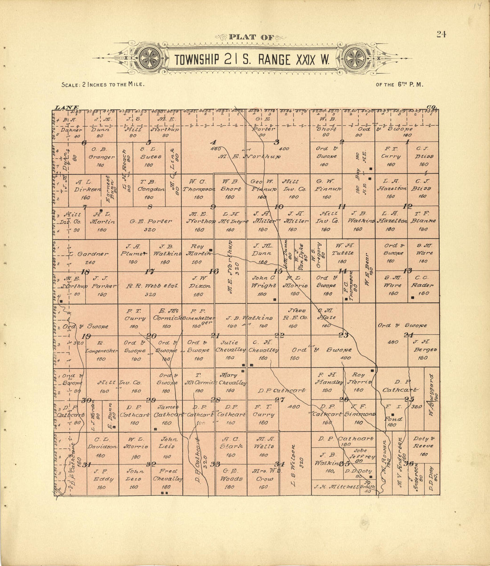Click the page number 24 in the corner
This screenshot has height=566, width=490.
(441, 35)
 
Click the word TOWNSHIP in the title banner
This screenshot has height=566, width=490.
(196, 60)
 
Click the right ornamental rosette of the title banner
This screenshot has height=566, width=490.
(355, 58)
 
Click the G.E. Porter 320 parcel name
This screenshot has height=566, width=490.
(151, 221)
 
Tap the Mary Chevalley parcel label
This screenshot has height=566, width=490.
(230, 379)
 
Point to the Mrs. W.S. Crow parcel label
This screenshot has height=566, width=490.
(263, 475)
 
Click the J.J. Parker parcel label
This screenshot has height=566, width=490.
(102, 282)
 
